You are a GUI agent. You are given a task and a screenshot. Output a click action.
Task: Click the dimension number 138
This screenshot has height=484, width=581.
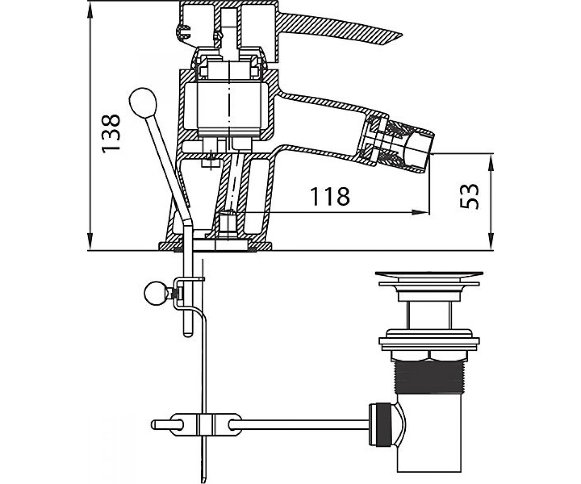point(111,134)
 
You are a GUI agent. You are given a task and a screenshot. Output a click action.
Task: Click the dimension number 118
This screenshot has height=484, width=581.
point(330,196)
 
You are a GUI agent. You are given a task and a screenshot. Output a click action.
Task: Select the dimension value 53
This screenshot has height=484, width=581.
point(469,196)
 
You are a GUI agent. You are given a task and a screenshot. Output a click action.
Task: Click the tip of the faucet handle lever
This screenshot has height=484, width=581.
point(402,35)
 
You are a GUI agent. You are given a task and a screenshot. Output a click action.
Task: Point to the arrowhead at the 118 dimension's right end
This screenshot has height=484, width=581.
point(420,212)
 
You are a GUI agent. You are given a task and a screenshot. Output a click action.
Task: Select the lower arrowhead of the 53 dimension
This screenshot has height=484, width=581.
point(491,242)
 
